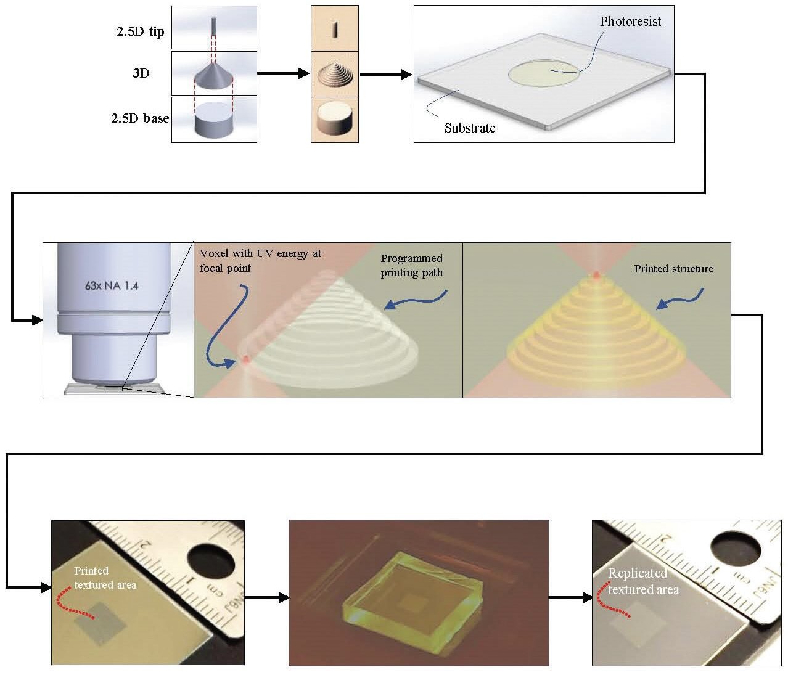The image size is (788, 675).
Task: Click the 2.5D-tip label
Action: (141, 31)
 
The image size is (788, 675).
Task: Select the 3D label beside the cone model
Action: (141, 73)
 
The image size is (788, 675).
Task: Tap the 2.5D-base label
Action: (140, 118)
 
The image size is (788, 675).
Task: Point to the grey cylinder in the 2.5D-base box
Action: (213, 121)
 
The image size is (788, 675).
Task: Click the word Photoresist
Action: (630, 22)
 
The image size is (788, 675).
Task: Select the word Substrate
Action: (469, 128)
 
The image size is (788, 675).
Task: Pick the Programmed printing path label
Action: (411, 265)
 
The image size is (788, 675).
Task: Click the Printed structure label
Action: (673, 269)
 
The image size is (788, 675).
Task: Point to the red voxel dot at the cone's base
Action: (246, 359)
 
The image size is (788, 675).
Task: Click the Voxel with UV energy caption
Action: (260, 260)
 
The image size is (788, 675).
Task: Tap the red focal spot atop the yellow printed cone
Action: (596, 275)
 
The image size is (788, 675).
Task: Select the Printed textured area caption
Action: (105, 578)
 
